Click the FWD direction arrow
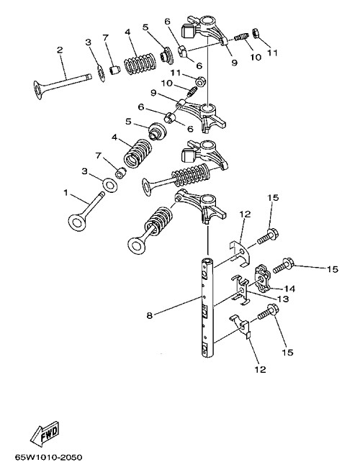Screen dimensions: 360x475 (45, 434)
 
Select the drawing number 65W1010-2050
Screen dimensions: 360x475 (48, 457)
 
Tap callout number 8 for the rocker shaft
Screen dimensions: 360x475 (149, 316)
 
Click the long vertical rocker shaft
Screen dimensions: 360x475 (207, 307)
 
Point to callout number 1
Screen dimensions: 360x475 (66, 192)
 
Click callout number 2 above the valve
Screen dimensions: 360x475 (60, 50)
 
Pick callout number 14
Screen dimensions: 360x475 (289, 289)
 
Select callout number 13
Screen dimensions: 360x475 (284, 299)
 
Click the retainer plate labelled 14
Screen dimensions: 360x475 (262, 278)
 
